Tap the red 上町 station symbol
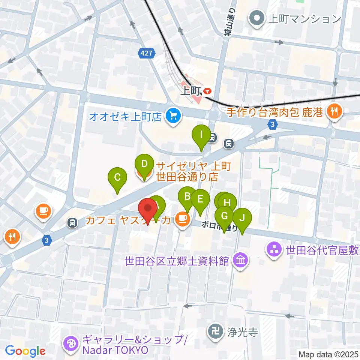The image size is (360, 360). click(207, 91)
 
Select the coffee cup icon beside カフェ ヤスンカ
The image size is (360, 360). click(183, 219)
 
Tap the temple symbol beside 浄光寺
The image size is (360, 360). click(215, 332)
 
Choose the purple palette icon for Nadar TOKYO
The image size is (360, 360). click(70, 343)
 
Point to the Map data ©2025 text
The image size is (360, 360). click(328, 354)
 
